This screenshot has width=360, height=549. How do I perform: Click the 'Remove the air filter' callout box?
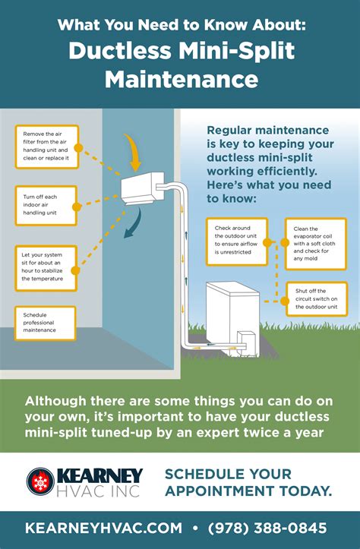pos(47,147)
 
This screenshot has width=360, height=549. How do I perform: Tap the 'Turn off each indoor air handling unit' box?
pos(46,206)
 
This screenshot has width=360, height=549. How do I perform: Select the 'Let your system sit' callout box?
pos(46,269)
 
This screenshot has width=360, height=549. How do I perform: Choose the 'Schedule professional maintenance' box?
pos(45,323)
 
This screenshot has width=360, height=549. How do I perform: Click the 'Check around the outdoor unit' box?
pos(237,241)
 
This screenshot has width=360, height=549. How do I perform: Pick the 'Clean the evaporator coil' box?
pos(316,244)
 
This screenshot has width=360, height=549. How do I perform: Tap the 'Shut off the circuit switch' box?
pos(317,299)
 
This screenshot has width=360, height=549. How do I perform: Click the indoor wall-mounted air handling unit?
pos(143,188)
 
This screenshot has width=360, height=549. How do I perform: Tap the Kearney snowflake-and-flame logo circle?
pos(40,481)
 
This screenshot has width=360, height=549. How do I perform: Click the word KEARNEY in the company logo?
pos(99,476)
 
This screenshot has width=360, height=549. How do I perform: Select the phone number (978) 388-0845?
pos(267,528)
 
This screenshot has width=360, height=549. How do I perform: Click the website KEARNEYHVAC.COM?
pos(103,528)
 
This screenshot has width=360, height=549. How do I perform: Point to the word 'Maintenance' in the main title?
pos(182,79)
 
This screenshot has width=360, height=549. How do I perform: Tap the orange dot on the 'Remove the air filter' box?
pos(78,148)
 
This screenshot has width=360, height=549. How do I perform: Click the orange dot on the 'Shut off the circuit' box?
pos(285,301)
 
